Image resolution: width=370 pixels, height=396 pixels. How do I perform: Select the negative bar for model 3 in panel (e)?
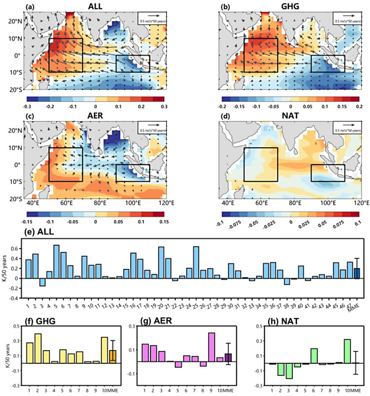[x=42, y=282]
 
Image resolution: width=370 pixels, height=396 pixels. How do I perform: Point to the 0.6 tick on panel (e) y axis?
[x=17, y=248]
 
